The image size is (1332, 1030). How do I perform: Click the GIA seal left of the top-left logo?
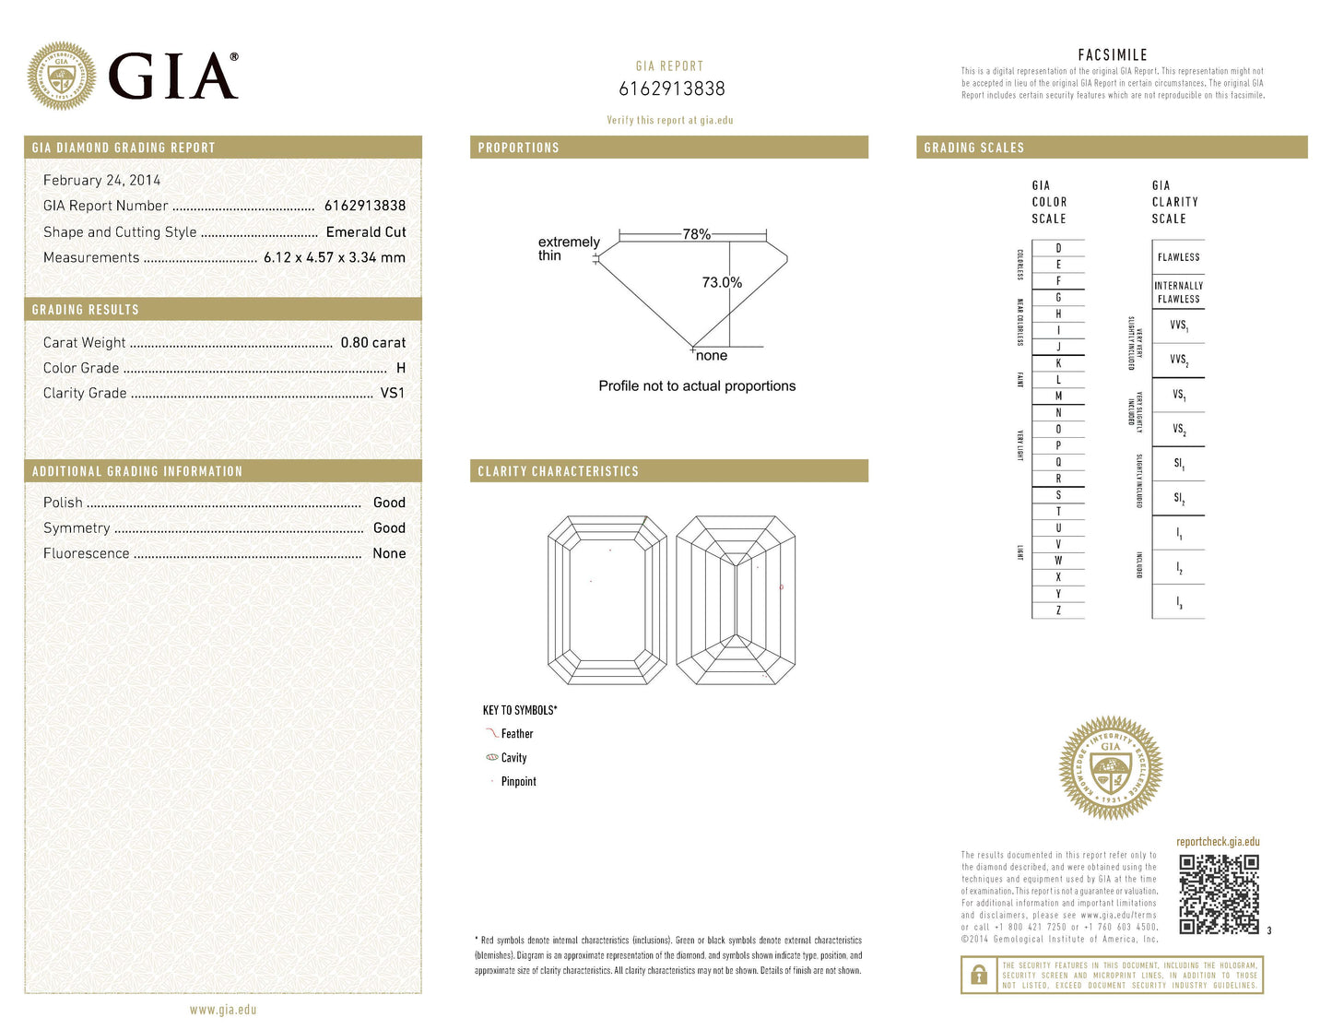click(x=62, y=76)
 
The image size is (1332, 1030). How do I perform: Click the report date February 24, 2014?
click(x=101, y=181)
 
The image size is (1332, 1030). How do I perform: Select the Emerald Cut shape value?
click(x=365, y=232)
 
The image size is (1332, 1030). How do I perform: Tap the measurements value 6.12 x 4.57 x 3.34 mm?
click(x=334, y=258)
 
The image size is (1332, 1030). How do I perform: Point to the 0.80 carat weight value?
click(x=372, y=343)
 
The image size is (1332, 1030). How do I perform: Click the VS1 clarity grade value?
click(x=393, y=393)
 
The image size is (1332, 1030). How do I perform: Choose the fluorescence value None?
click(x=389, y=553)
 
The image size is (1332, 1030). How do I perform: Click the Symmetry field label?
click(x=77, y=528)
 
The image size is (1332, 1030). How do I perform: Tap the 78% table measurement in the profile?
click(x=696, y=234)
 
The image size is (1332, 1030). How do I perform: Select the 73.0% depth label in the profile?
click(x=722, y=282)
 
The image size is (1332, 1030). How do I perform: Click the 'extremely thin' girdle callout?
click(x=568, y=249)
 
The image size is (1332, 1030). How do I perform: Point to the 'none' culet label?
click(x=712, y=356)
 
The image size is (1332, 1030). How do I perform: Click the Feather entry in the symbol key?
click(x=516, y=734)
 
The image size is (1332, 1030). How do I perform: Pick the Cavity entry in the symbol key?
click(x=513, y=758)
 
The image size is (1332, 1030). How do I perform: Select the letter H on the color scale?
click(x=1058, y=314)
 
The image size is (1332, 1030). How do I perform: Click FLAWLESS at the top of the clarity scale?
click(x=1178, y=257)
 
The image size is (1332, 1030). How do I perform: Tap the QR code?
click(x=1219, y=894)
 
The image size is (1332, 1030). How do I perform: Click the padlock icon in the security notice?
click(x=976, y=975)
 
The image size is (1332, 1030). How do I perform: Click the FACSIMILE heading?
click(x=1113, y=55)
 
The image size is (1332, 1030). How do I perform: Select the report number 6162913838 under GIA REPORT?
click(x=671, y=89)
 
